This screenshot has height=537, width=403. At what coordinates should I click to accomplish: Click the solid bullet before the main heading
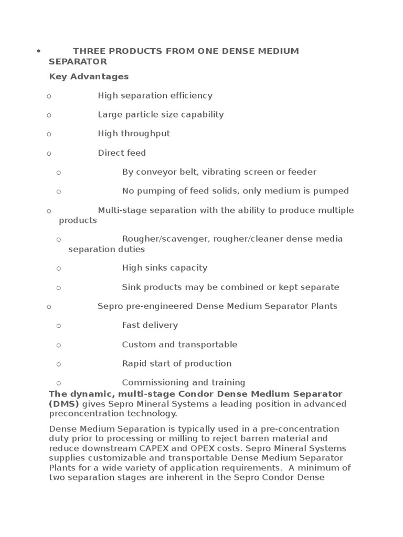point(38,51)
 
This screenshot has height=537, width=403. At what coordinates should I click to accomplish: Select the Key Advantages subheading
point(89,77)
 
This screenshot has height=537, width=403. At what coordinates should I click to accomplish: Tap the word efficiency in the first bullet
point(191,95)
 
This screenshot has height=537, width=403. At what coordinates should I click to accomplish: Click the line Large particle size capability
point(161,114)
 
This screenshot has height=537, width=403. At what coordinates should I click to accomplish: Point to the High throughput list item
point(134,133)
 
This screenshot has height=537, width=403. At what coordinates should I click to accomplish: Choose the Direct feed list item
point(122,153)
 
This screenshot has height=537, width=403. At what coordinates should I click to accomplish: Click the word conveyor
point(152,172)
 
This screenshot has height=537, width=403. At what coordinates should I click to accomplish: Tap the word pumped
point(332,191)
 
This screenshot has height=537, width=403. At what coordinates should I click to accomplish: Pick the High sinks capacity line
point(165,268)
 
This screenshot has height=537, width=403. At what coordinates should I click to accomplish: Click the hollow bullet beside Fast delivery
point(59,326)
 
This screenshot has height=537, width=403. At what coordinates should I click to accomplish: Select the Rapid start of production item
point(177,363)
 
